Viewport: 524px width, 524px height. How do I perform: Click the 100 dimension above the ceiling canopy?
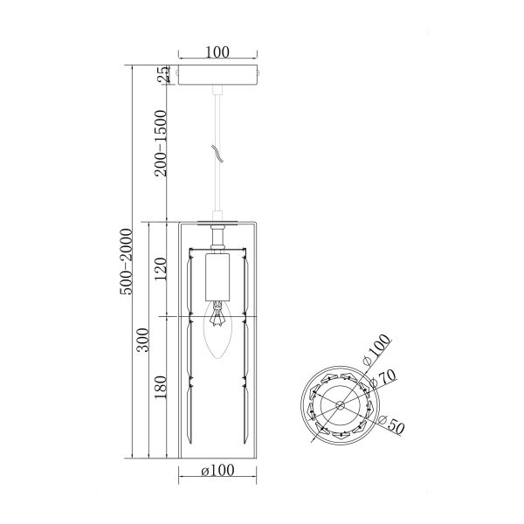tap(217, 52)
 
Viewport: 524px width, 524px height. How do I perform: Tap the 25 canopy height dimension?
tap(164, 74)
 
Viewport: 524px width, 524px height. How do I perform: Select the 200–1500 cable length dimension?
tap(161, 143)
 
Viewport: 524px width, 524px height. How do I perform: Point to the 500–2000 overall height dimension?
tap(127, 262)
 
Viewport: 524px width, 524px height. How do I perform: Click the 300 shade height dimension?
tap(143, 340)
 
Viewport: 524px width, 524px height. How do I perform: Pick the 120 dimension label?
tap(161, 269)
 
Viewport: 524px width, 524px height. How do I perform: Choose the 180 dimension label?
tap(161, 387)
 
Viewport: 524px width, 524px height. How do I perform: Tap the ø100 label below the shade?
tap(217, 470)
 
